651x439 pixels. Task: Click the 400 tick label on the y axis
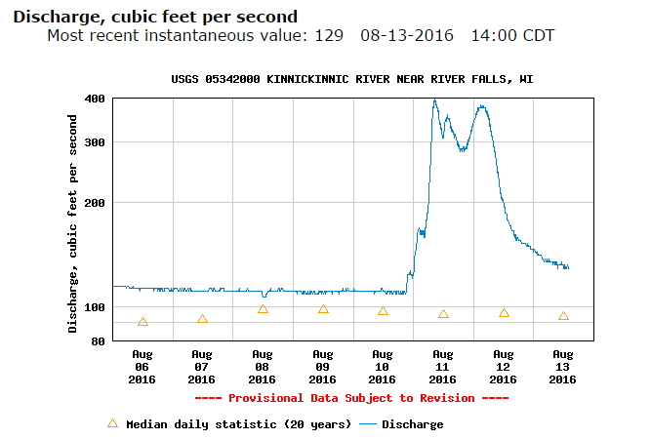coord(95,99)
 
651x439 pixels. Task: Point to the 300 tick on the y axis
coord(95,142)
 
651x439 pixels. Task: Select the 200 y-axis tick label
coord(95,203)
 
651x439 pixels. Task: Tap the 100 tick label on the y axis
coord(95,307)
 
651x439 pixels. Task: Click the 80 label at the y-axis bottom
coord(98,341)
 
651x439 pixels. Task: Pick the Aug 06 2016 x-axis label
coord(142,366)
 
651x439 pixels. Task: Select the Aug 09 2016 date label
coord(322,366)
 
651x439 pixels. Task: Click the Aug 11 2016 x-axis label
coord(442,366)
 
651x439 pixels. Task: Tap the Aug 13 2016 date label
coord(563,366)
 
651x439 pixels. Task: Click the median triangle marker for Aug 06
coord(142,322)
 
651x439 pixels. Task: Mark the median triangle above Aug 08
coord(263,309)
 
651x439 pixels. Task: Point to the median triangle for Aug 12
coord(504,313)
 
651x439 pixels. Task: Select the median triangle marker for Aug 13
coord(563,316)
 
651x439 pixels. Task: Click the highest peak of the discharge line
coord(434,100)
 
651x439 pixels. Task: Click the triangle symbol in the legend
coord(112,423)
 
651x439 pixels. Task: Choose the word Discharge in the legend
coord(412,424)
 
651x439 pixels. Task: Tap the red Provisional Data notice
coord(351,398)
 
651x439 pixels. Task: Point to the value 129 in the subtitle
coord(330,36)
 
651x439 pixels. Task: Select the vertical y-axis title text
coord(73,222)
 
